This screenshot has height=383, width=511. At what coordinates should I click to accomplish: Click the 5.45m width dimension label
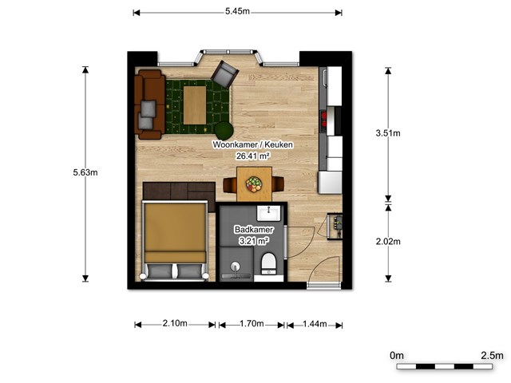pyautogui.click(x=237, y=11)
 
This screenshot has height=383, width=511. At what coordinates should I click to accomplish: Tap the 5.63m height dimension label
pyautogui.click(x=85, y=172)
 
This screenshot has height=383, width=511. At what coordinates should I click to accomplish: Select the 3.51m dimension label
pyautogui.click(x=388, y=133)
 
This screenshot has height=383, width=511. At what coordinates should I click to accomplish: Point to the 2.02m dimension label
pyautogui.click(x=388, y=241)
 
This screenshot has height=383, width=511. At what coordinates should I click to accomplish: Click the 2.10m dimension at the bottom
pyautogui.click(x=175, y=323)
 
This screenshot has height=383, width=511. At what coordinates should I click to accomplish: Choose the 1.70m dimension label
pyautogui.click(x=252, y=323)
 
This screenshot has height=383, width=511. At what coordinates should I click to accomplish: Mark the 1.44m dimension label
pyautogui.click(x=315, y=324)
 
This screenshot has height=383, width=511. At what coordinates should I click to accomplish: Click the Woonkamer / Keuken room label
pyautogui.click(x=252, y=144)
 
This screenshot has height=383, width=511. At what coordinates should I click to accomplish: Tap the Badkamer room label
pyautogui.click(x=254, y=229)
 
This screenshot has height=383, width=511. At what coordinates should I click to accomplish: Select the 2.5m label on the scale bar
pyautogui.click(x=492, y=355)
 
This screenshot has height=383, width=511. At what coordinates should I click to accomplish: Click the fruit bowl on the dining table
pyautogui.click(x=254, y=184)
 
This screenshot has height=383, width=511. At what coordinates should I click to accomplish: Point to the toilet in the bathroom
pyautogui.click(x=269, y=263)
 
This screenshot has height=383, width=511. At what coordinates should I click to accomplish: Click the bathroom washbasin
pyautogui.click(x=269, y=213)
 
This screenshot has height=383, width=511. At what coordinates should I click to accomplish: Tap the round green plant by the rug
pyautogui.click(x=224, y=130)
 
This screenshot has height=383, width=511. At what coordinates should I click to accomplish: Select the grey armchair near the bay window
pyautogui.click(x=225, y=74)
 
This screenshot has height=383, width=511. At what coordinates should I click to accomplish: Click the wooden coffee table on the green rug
pyautogui.click(x=195, y=105)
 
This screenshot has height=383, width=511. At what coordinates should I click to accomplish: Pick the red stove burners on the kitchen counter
pyautogui.click(x=324, y=119)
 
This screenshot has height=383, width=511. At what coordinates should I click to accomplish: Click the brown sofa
pyautogui.click(x=149, y=105)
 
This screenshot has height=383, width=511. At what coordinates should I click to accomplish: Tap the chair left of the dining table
pyautogui.click(x=230, y=184)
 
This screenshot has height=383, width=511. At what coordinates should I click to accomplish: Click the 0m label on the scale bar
pyautogui.click(x=397, y=355)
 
